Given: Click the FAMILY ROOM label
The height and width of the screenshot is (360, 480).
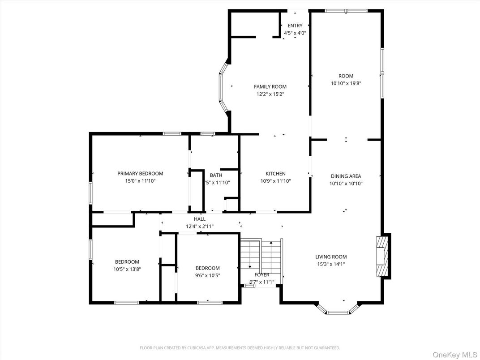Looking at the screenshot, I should (x=270, y=87).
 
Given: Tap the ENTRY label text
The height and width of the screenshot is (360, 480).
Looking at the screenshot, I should (x=295, y=26).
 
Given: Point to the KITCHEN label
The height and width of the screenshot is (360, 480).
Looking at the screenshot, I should (x=275, y=174).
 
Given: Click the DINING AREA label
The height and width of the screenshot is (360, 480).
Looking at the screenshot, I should (x=346, y=176).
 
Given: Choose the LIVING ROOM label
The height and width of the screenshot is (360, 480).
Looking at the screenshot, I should (x=331, y=257).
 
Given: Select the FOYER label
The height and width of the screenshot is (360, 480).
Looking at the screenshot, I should (x=262, y=275).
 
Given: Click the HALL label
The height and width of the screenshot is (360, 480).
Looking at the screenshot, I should (x=200, y=219).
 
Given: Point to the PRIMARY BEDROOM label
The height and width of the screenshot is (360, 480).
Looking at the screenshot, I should (x=140, y=174).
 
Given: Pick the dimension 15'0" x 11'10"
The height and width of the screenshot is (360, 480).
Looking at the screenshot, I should (x=140, y=181).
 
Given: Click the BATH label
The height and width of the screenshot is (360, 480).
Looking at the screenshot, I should (x=216, y=176).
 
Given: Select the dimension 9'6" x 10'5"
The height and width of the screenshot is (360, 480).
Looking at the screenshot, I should (x=207, y=275).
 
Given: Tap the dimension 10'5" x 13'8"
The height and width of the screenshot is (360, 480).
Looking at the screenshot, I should (x=127, y=269).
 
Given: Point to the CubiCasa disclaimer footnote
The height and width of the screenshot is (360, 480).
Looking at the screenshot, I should (x=240, y=347).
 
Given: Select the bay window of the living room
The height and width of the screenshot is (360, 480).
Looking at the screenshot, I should (x=338, y=310).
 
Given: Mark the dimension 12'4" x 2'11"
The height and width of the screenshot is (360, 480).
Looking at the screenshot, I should (x=200, y=227).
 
